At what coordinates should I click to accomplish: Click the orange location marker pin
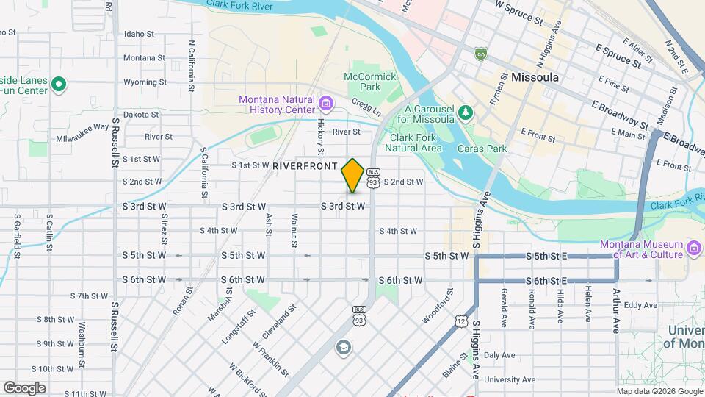point(352,175)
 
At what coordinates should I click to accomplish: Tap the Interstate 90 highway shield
point(480,54)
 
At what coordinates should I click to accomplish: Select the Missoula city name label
point(535,77)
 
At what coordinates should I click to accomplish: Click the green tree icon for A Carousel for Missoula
point(465,112)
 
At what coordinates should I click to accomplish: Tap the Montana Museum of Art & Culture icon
point(693,250)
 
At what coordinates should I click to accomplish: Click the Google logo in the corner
point(24,387)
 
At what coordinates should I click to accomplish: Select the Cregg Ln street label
point(366,107)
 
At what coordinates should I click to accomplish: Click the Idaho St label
point(139,34)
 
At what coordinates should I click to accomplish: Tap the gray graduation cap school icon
point(343,346)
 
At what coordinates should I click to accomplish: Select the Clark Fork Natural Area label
point(416,143)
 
